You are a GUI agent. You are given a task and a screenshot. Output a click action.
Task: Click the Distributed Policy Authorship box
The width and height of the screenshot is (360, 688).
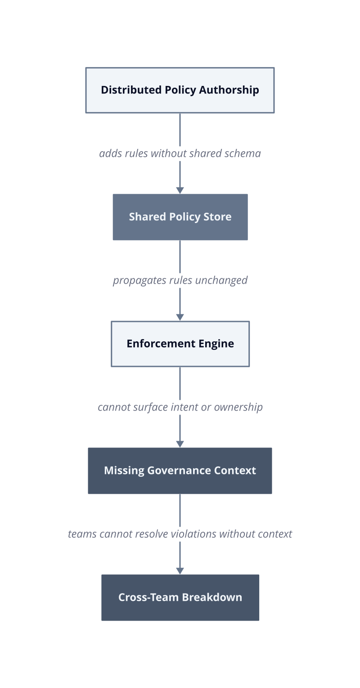point(180,90)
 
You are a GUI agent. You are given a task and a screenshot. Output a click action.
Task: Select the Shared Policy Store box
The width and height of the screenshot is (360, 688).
point(180,217)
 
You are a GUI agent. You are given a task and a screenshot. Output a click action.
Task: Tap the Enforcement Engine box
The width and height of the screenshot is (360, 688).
point(180,344)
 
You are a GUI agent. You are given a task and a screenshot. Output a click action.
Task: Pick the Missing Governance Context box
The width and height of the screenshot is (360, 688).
point(180,471)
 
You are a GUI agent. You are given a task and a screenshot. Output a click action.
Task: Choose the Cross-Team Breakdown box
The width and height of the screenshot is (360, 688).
point(180,598)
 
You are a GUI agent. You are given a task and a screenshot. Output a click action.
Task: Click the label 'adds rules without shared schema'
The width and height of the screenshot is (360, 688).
point(180,153)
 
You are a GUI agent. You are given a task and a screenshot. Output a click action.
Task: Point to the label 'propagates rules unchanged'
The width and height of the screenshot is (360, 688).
point(180,281)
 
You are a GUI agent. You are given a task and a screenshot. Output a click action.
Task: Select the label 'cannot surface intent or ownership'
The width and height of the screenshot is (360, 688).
point(180,407)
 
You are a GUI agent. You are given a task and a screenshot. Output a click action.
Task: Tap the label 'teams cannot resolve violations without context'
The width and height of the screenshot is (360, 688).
point(180,534)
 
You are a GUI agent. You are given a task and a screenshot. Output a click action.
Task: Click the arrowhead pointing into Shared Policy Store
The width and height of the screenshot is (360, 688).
point(180,190)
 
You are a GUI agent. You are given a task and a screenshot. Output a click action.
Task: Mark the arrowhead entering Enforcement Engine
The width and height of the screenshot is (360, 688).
point(180,317)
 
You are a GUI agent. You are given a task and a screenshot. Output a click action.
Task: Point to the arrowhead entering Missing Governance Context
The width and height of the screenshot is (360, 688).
point(180,444)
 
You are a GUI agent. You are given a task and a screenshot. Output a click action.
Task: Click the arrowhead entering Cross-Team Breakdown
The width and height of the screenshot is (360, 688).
point(180,571)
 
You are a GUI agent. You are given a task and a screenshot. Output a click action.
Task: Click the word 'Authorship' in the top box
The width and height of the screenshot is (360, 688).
point(229,90)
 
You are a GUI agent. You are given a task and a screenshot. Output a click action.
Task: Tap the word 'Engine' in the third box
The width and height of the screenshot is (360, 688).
point(216,344)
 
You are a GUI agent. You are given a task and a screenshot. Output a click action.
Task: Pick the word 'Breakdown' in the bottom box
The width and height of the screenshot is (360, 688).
point(212,598)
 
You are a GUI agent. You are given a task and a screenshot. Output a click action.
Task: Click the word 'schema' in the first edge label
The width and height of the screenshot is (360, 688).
point(243,153)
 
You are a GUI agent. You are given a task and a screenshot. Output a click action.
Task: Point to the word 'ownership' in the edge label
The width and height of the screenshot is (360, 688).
point(238,407)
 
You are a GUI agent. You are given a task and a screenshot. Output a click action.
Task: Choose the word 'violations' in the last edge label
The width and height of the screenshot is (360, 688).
point(193,534)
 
